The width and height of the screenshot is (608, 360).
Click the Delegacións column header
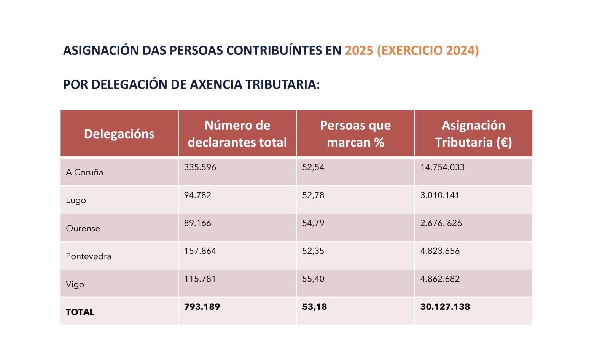(119, 134)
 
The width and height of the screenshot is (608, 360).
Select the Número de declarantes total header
(237, 134)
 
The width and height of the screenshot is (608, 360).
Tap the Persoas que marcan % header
(355, 134)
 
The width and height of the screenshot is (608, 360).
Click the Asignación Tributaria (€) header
(473, 134)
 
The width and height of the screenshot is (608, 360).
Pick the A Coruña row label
(84, 172)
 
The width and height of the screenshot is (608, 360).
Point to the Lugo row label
(76, 201)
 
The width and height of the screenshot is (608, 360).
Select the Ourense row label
(83, 228)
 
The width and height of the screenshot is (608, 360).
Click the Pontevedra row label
(89, 256)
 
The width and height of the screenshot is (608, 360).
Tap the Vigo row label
(75, 284)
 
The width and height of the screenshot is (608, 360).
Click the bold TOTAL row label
(80, 312)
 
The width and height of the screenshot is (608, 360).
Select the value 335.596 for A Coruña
(200, 167)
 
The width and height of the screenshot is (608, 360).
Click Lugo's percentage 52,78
(313, 195)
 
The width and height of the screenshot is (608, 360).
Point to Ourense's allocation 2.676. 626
(441, 223)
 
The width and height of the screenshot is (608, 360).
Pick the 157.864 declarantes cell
(200, 251)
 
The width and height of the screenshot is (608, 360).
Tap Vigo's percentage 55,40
(313, 279)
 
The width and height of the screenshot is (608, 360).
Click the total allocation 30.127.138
(445, 307)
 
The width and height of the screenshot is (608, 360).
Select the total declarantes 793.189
(202, 307)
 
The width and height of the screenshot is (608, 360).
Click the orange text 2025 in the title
(359, 51)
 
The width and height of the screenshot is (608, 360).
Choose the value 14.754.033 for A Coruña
(442, 167)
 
